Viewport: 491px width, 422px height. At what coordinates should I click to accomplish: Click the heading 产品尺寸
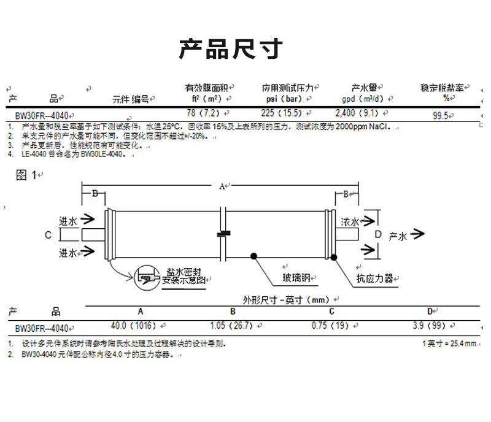point(231,48)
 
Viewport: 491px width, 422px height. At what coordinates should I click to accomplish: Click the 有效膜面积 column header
point(207,88)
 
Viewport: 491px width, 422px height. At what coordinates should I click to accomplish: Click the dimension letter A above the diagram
point(222,185)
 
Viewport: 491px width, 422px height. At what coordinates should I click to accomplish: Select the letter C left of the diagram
point(48,234)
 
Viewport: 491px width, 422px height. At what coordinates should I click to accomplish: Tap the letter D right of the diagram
point(378,234)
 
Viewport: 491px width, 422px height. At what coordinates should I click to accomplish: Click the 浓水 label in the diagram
point(350,221)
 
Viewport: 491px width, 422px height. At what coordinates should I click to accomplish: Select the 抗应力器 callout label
point(374,278)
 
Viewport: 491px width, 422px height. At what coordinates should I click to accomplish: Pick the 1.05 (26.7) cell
point(231,326)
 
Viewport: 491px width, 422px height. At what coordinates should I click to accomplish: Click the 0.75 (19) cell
point(330,326)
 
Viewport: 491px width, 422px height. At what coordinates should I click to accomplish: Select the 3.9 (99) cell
point(429,326)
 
